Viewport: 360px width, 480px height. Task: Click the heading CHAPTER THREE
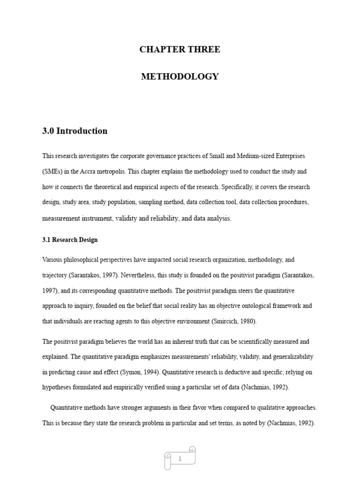click(x=180, y=50)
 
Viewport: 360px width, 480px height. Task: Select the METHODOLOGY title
click(x=180, y=76)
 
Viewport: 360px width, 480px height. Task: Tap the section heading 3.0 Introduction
click(x=75, y=131)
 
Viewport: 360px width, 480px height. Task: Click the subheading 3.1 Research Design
click(x=70, y=240)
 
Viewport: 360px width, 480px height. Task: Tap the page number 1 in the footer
click(x=180, y=459)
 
